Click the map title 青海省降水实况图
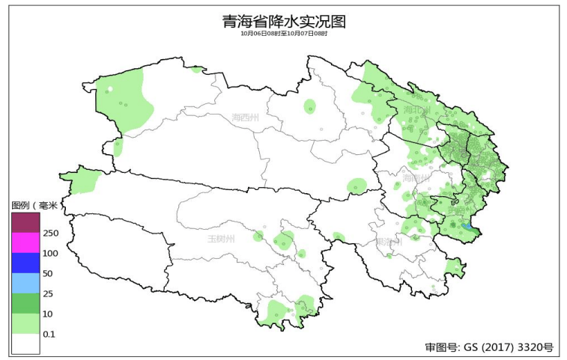tap(284, 21)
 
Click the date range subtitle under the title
tap(284, 34)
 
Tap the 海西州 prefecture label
tap(245, 118)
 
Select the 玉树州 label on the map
tap(221, 239)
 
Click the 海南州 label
tap(416, 178)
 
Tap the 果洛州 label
tap(389, 242)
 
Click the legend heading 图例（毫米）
tap(34, 205)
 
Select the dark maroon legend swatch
tap(25, 222)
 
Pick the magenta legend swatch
tap(25, 242)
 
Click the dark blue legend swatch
tap(25, 263)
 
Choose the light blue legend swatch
tap(25, 283)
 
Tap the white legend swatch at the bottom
tap(25, 344)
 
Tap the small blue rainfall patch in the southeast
tap(466, 225)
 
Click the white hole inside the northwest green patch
tap(109, 91)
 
